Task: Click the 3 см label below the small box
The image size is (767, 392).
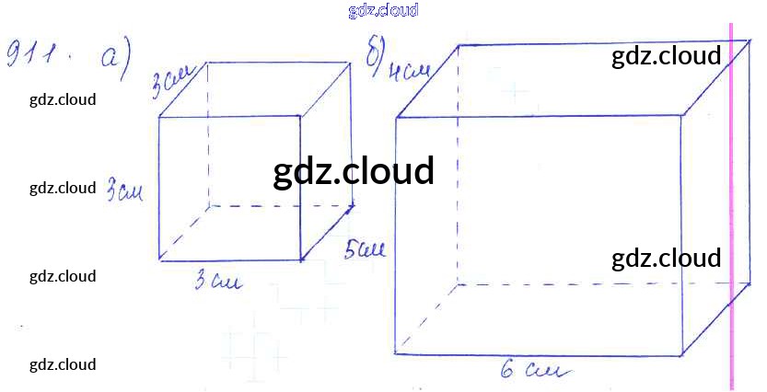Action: pyautogui.click(x=218, y=282)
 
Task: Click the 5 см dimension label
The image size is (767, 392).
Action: pyautogui.click(x=365, y=249)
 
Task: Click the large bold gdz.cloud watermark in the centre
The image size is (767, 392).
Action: pyautogui.click(x=354, y=172)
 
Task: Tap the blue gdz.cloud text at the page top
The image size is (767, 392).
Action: pyautogui.click(x=384, y=10)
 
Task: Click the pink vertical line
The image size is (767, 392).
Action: pyautogui.click(x=733, y=202)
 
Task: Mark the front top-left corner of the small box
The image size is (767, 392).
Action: pyautogui.click(x=159, y=117)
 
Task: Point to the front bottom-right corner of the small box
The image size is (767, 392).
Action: pyautogui.click(x=301, y=260)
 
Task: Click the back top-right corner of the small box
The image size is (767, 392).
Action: pyautogui.click(x=351, y=63)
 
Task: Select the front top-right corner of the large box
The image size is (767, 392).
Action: pyautogui.click(x=681, y=115)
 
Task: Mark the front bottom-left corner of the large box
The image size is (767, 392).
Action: pyautogui.click(x=396, y=352)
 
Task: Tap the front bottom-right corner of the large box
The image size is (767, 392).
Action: pyautogui.click(x=682, y=354)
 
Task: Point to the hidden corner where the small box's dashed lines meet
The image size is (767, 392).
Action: pyautogui.click(x=207, y=206)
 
